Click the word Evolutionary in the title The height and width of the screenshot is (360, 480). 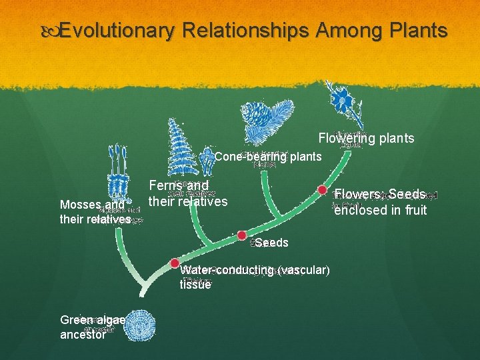click(117, 31)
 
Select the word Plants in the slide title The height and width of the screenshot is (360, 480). click(415, 31)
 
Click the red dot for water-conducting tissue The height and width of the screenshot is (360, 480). click(175, 263)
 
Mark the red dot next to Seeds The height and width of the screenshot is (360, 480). click(242, 235)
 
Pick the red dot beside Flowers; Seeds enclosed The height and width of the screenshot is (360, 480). click(321, 190)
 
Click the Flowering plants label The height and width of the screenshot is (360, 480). click(366, 139)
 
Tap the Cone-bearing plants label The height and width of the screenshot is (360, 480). click(268, 157)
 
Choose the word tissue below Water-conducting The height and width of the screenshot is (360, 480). click(195, 285)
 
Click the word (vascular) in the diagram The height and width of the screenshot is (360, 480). click(304, 270)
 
